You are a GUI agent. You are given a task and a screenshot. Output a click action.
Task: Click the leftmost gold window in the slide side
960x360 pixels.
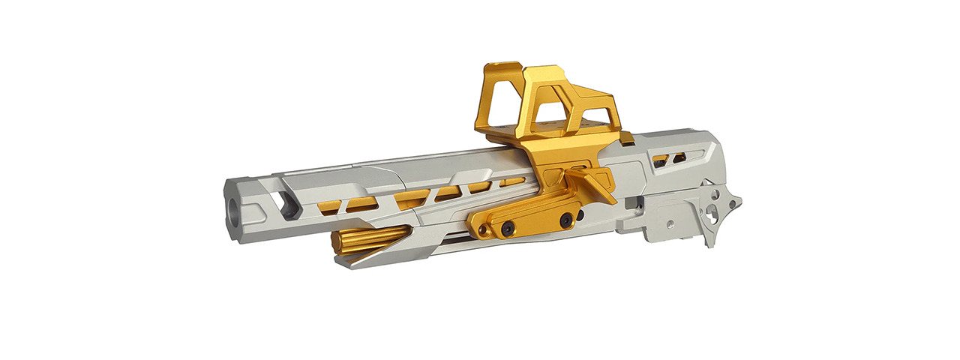point(328,205)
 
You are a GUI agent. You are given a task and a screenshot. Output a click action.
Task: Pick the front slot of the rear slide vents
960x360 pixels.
point(660,160)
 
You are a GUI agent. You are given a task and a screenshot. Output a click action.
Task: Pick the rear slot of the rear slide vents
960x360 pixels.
point(679,158)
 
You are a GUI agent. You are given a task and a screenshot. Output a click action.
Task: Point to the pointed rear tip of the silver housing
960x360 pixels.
point(739,200)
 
